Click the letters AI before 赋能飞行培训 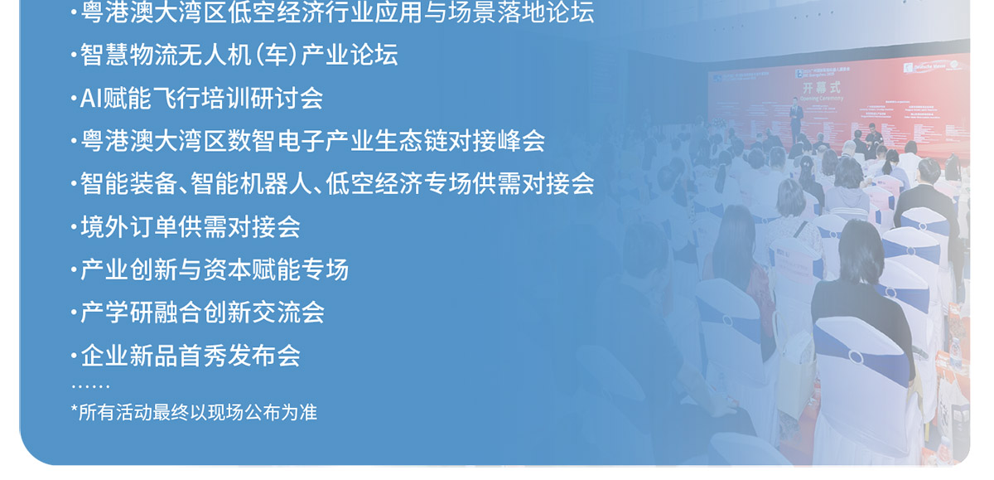point(89,99)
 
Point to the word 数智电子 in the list point(265,141)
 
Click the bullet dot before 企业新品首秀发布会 point(74,356)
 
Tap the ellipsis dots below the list point(89,386)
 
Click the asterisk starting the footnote point(75,410)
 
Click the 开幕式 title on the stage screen point(821,87)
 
